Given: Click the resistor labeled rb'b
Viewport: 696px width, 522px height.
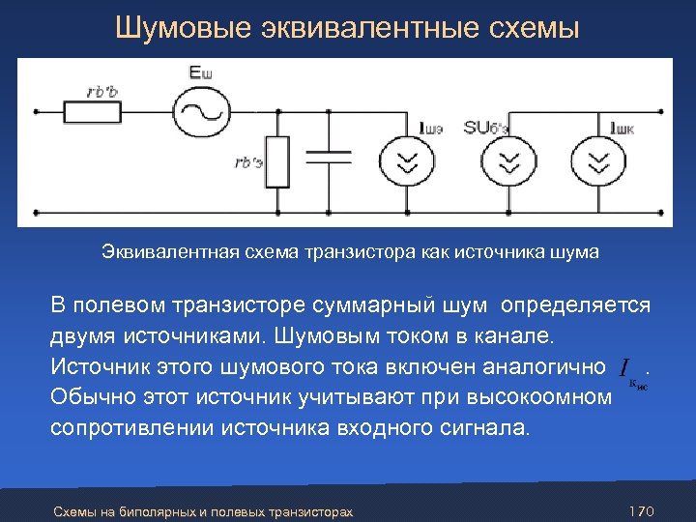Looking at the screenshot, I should [93, 112].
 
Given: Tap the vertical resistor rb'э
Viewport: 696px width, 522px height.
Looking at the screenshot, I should [277, 162].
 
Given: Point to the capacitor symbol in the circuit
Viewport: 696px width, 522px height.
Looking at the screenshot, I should [330, 155].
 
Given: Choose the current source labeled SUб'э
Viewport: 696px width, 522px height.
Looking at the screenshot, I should [504, 160].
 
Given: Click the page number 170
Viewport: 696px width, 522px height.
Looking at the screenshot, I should [642, 509].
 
